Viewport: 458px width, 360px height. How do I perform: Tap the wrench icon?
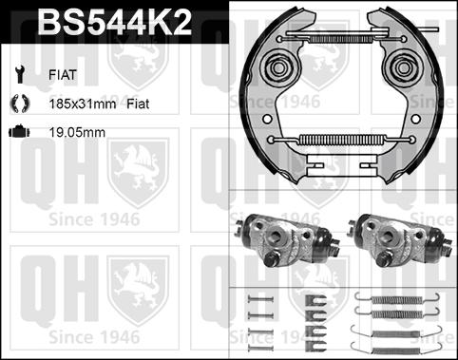(x=18, y=72)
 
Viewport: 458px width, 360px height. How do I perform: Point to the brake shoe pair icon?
(x=18, y=102)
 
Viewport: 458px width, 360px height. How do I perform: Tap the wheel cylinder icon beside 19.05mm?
(x=18, y=132)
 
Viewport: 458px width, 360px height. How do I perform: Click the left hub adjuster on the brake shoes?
(x=281, y=69)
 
